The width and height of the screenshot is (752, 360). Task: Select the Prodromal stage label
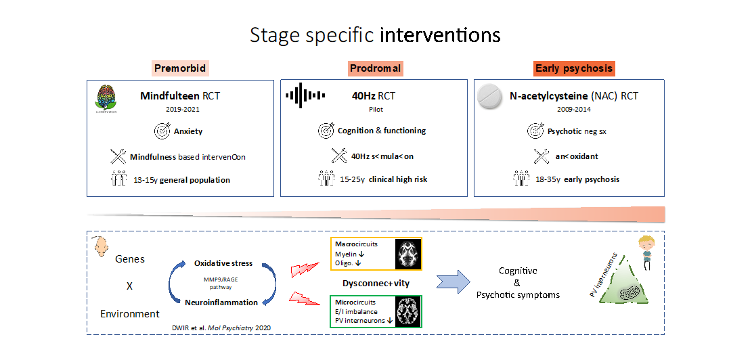[x=375, y=68]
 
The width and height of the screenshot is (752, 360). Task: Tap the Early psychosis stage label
[x=574, y=68]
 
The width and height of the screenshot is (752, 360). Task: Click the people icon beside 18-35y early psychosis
[x=521, y=179]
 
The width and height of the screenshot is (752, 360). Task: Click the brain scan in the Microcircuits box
[x=409, y=311]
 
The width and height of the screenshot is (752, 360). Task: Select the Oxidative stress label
[x=223, y=263]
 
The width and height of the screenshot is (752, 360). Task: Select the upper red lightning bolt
[x=305, y=269]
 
